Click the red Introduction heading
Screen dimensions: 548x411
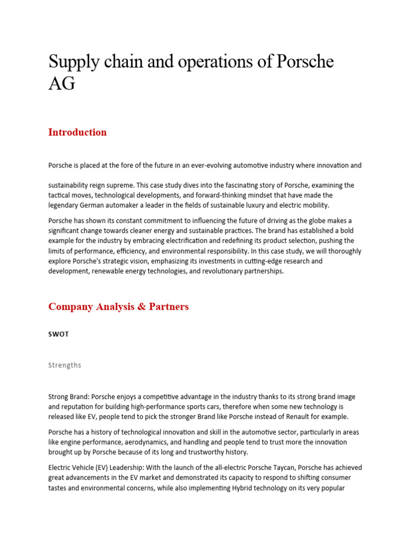click(78, 132)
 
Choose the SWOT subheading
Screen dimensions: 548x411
click(58, 334)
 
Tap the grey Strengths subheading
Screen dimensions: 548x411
click(65, 365)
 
